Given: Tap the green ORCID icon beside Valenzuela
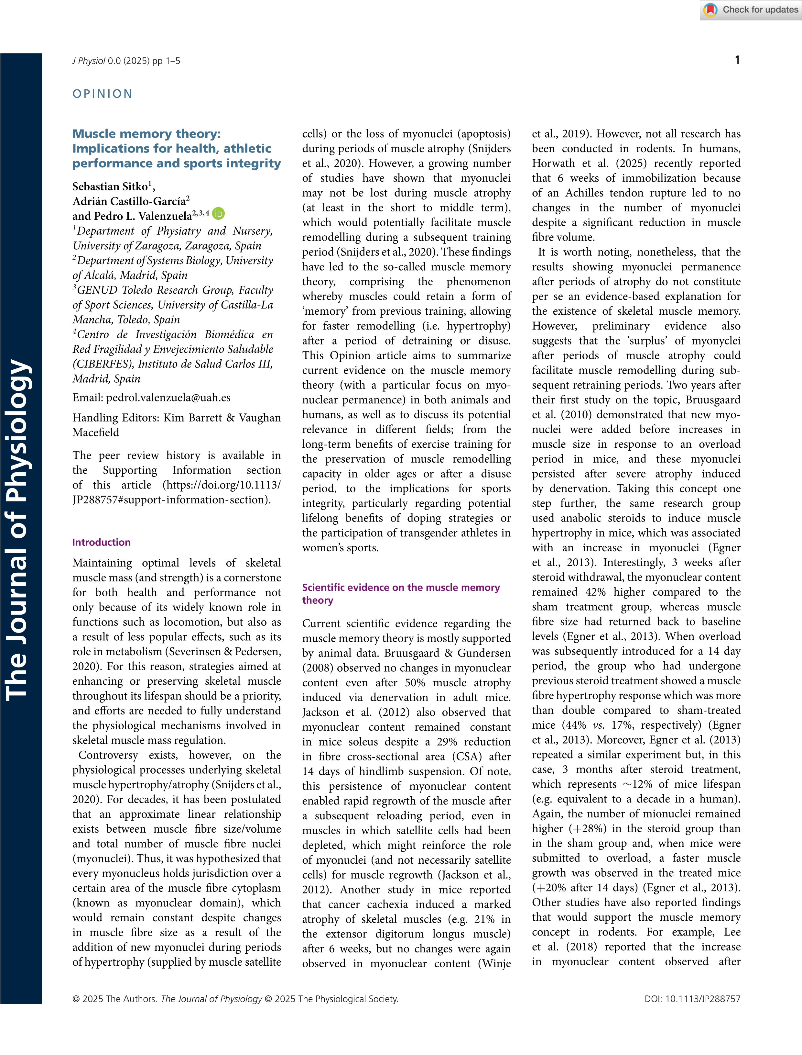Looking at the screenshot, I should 219,214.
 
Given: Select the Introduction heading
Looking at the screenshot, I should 101,542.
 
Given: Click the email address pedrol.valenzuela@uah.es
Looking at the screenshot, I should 168,398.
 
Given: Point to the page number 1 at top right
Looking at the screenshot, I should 737,60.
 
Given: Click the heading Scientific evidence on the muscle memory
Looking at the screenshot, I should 401,587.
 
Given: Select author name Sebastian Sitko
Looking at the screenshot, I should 110,186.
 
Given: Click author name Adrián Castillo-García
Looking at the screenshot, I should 129,201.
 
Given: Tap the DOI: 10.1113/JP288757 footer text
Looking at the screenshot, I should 692,999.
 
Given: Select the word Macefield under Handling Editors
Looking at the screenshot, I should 95,432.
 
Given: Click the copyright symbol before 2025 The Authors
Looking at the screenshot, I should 76,999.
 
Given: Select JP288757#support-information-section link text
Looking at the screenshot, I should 171,500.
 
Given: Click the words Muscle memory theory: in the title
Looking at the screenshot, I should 146,134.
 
